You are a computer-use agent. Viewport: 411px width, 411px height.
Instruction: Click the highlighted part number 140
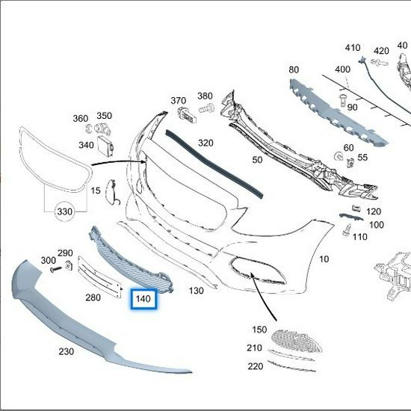(x=143, y=300)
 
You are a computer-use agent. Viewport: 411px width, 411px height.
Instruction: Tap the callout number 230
(x=67, y=350)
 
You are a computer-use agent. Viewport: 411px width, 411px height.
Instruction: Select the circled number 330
(x=65, y=212)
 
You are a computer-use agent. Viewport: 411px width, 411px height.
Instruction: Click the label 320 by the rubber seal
(x=205, y=143)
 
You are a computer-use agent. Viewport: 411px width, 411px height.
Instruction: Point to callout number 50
(x=257, y=160)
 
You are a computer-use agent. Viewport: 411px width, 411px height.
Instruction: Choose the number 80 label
(x=293, y=69)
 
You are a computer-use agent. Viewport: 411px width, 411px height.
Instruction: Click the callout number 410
(x=353, y=49)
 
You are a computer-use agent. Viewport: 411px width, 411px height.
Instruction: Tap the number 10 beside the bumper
(x=324, y=259)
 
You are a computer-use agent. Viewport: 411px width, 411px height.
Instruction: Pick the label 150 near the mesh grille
(x=259, y=330)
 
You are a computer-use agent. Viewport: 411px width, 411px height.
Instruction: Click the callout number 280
(x=93, y=297)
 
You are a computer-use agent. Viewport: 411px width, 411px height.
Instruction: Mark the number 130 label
(x=197, y=290)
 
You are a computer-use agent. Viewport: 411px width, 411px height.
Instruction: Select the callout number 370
(x=178, y=101)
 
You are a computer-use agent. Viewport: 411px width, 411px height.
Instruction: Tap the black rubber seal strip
(x=217, y=161)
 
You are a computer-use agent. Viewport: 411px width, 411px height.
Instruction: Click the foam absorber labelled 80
(x=336, y=105)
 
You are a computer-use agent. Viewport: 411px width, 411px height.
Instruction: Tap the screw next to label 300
(x=54, y=269)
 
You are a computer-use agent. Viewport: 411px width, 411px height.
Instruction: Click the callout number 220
(x=256, y=366)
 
